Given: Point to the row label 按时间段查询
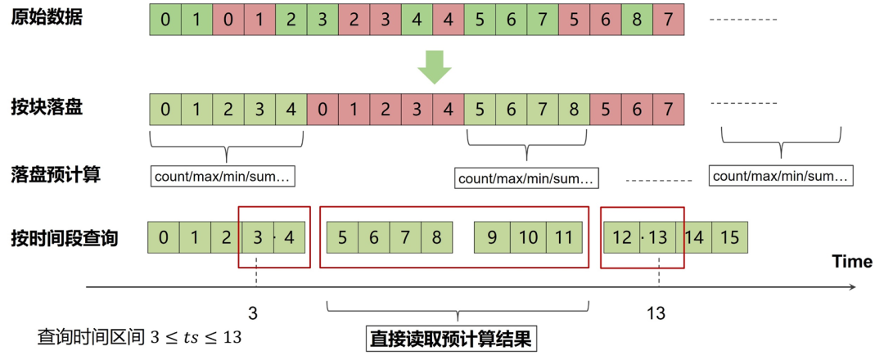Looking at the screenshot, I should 64,238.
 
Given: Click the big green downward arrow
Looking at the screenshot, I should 435,68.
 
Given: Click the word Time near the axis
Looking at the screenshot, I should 852,261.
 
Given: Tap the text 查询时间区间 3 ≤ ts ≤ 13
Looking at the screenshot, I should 139,337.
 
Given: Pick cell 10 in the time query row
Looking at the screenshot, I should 528,238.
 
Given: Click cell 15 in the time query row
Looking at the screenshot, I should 730,238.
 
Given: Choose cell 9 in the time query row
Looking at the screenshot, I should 492,238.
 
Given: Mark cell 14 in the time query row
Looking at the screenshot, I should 695,238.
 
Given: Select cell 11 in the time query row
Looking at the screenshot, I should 564,238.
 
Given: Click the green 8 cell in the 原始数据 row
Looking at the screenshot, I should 636,19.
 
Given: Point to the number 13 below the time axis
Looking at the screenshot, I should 656,313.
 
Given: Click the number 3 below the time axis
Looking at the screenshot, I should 254,313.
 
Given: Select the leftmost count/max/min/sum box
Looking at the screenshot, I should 223,176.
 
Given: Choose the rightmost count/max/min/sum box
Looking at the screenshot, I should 781,176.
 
